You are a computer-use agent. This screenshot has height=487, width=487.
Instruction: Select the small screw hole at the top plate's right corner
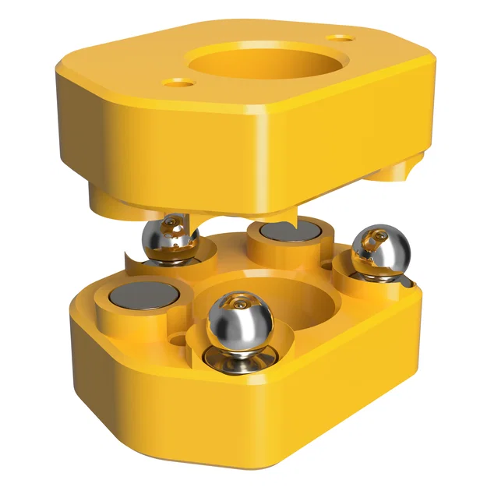click(340, 37)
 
